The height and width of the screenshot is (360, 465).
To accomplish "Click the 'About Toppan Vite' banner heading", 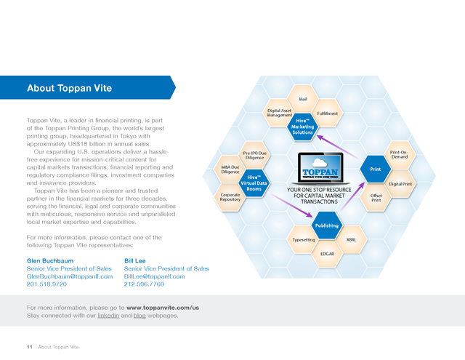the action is [70, 88].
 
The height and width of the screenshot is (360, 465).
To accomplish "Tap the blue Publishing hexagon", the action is [327, 225].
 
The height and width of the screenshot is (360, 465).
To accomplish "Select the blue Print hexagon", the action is [376, 169].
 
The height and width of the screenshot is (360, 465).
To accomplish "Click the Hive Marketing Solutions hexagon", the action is [302, 127].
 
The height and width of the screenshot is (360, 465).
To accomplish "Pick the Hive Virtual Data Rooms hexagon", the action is [254, 183].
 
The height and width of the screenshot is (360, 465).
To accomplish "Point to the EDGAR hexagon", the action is [327, 254].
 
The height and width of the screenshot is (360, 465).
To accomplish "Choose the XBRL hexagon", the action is [352, 240].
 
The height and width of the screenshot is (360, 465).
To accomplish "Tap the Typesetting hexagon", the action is [304, 240].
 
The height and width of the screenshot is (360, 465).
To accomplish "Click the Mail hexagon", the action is [302, 99].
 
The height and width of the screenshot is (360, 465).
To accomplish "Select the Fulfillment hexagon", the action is [327, 113].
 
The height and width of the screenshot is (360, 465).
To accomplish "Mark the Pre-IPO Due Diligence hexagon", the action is [255, 155].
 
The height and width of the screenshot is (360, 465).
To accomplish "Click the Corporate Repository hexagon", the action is [230, 197].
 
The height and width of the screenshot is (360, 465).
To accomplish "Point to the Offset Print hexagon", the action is [376, 198].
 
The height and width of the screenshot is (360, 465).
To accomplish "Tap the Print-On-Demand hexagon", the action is [400, 155].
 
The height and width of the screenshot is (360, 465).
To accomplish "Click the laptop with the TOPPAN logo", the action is [320, 169].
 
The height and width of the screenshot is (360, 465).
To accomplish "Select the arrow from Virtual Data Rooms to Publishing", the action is [290, 205].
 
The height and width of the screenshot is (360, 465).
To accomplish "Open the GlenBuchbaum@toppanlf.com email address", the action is [70, 276].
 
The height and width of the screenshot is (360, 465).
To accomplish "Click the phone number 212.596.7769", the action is [144, 284].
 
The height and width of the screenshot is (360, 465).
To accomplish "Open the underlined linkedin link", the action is [108, 315].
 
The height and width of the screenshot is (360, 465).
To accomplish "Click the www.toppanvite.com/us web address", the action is [163, 308].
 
